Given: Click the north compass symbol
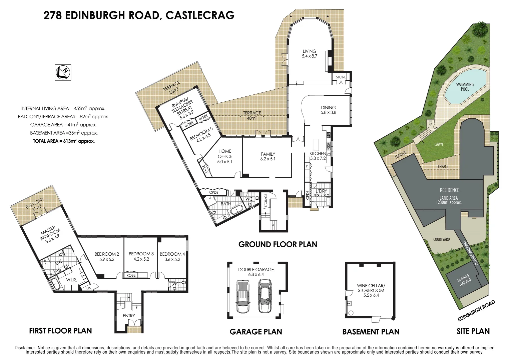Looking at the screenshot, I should click(x=63, y=72).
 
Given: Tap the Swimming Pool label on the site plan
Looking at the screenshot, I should click(x=465, y=87).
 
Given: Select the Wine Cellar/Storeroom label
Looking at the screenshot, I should click(x=371, y=288).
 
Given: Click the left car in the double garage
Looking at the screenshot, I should click(x=242, y=296).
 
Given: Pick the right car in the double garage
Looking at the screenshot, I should click(x=265, y=296).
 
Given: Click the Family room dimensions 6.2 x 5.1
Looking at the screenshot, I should click(x=268, y=159).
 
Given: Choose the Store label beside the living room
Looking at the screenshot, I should click(x=341, y=77).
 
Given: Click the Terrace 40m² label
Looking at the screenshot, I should click(x=252, y=115).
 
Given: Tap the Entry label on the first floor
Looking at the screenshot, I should click(x=129, y=316).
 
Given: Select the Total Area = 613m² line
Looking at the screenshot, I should click(x=64, y=141).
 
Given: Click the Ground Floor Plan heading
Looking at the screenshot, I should click(x=278, y=244).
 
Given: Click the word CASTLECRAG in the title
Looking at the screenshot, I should click(x=200, y=15).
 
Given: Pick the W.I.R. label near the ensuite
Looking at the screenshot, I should click(x=71, y=280).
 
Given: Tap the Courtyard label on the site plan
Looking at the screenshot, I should click(x=441, y=239).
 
